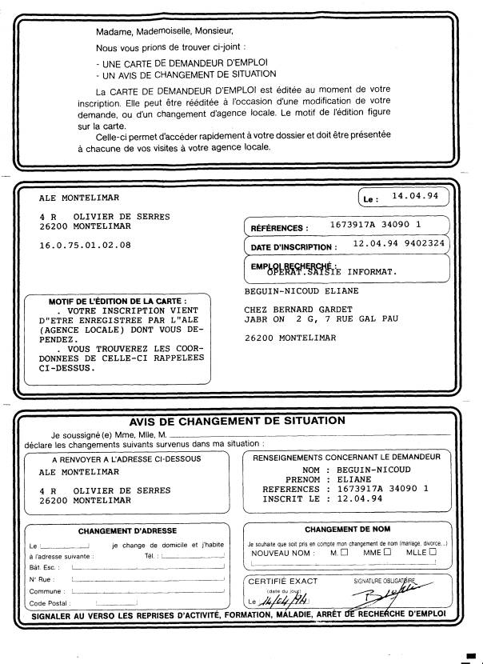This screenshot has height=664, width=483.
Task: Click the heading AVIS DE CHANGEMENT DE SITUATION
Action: [x=238, y=420]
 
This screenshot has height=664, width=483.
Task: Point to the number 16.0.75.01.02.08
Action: [x=85, y=245]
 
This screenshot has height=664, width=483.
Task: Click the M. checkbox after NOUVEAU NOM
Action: [x=344, y=551]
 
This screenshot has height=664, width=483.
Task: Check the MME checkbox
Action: [x=387, y=551]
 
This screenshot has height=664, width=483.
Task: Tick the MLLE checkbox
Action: [x=432, y=551]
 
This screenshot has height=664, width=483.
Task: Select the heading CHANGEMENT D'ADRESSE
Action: [x=127, y=530]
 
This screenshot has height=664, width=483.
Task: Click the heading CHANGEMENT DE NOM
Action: [x=347, y=529]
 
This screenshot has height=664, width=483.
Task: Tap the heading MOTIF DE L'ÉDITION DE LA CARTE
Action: [x=118, y=301]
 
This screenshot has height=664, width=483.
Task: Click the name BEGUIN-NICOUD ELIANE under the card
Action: [x=301, y=291]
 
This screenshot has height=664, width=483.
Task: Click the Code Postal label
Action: [x=48, y=602]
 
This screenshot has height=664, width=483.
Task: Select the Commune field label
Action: [x=46, y=590]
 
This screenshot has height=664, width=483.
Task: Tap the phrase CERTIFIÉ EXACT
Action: [x=282, y=581]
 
